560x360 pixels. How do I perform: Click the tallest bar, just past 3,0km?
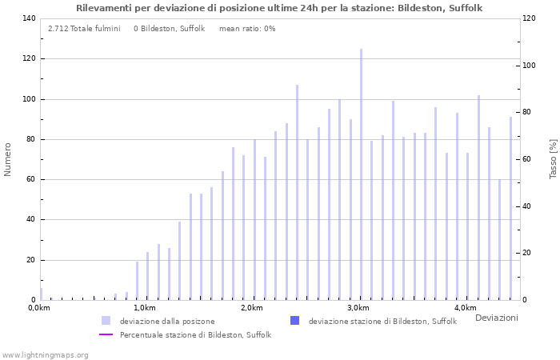(361, 174)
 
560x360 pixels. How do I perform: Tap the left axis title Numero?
(8, 159)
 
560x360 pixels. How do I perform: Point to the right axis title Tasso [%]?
(553, 158)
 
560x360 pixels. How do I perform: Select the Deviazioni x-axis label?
(496, 318)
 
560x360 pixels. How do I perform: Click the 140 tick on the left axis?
(29, 18)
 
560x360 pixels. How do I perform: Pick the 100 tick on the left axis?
(29, 99)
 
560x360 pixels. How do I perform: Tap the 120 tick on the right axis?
(529, 18)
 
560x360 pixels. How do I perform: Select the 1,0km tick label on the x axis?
(144, 308)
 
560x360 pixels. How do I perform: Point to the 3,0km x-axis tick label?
(358, 308)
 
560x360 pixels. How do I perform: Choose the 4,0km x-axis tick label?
(465, 308)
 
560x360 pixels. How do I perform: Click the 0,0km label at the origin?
(39, 308)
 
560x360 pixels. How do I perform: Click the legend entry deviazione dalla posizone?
(167, 322)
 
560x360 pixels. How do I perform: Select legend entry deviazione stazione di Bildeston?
(382, 322)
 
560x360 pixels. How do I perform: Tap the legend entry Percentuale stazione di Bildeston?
(195, 335)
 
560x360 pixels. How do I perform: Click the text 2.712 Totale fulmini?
(84, 28)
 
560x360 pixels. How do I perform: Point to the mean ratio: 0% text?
(247, 28)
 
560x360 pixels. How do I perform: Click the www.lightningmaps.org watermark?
(46, 354)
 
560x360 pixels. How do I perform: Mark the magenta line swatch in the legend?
(106, 335)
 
